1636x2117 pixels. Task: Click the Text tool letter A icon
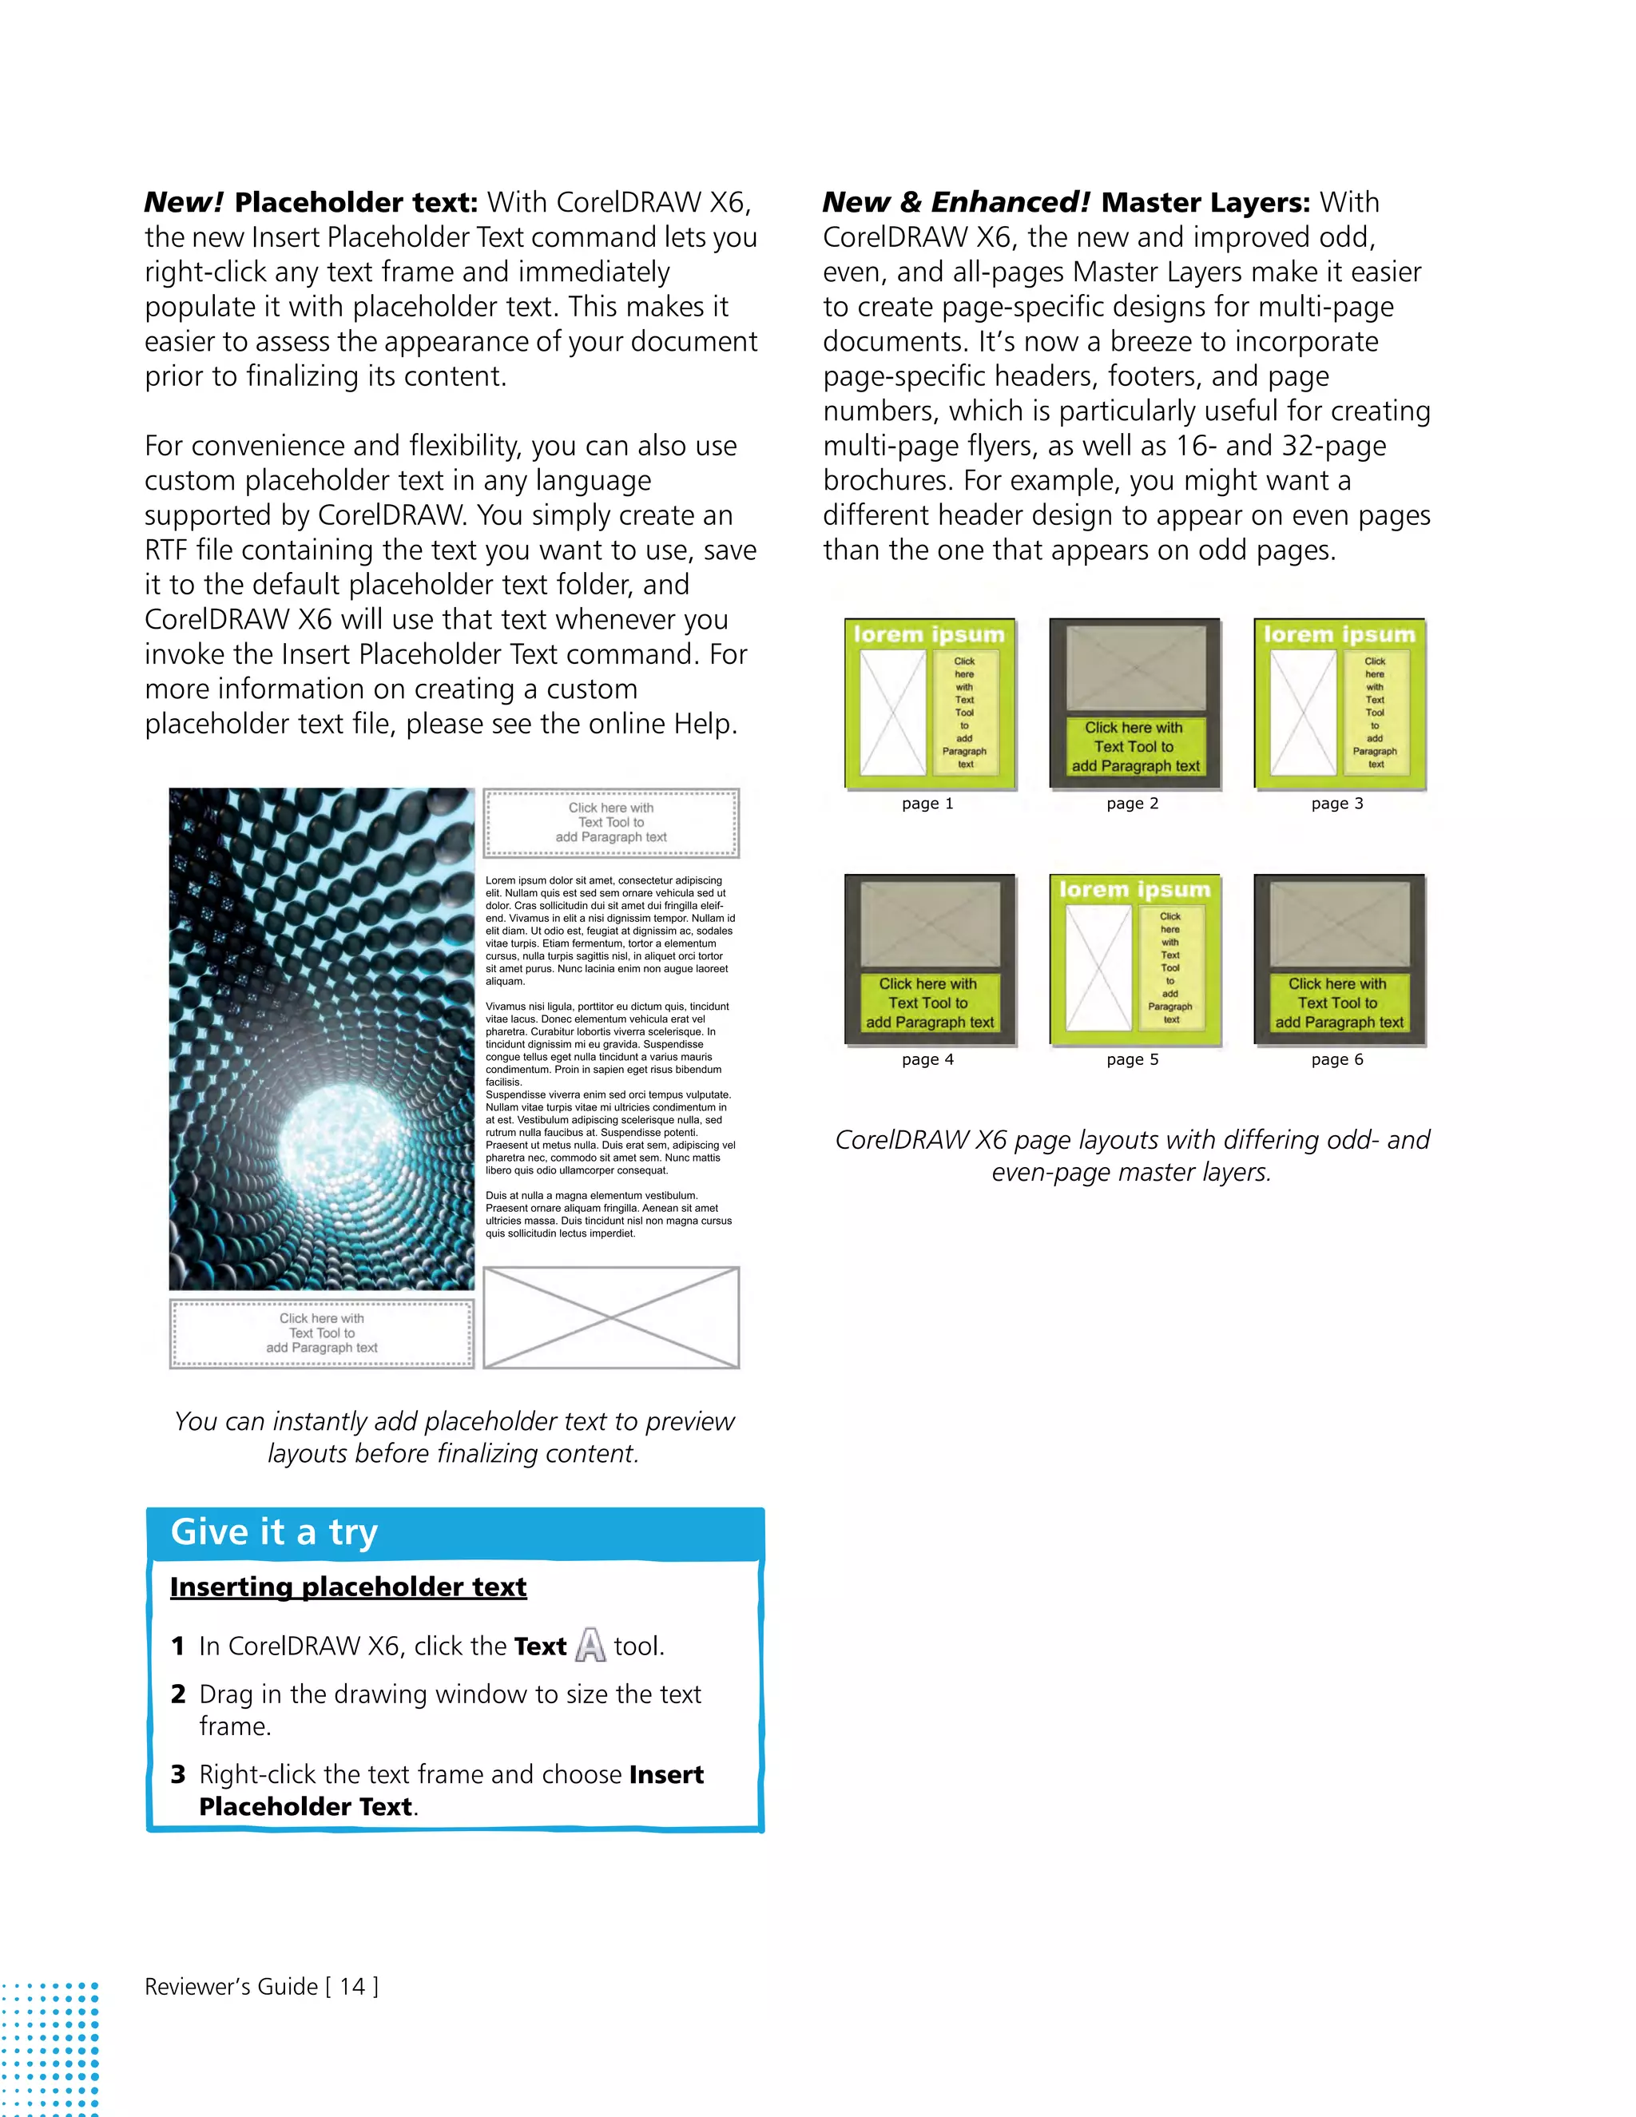[590, 1645]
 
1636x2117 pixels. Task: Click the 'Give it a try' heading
[274, 1531]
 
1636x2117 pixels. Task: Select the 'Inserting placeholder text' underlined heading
[348, 1587]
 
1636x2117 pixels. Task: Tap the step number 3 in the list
[178, 1773]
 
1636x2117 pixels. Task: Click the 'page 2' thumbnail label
[1132, 803]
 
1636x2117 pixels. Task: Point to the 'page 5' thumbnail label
[1132, 1058]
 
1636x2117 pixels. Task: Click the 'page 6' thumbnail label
[1336, 1058]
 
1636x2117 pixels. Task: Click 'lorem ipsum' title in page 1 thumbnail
[928, 634]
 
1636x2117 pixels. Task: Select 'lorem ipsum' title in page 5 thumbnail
[1134, 889]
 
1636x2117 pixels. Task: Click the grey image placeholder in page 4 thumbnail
[930, 926]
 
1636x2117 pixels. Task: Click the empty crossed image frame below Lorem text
[610, 1317]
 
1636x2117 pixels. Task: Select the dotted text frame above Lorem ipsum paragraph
[610, 822]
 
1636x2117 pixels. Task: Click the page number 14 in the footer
[351, 1986]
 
